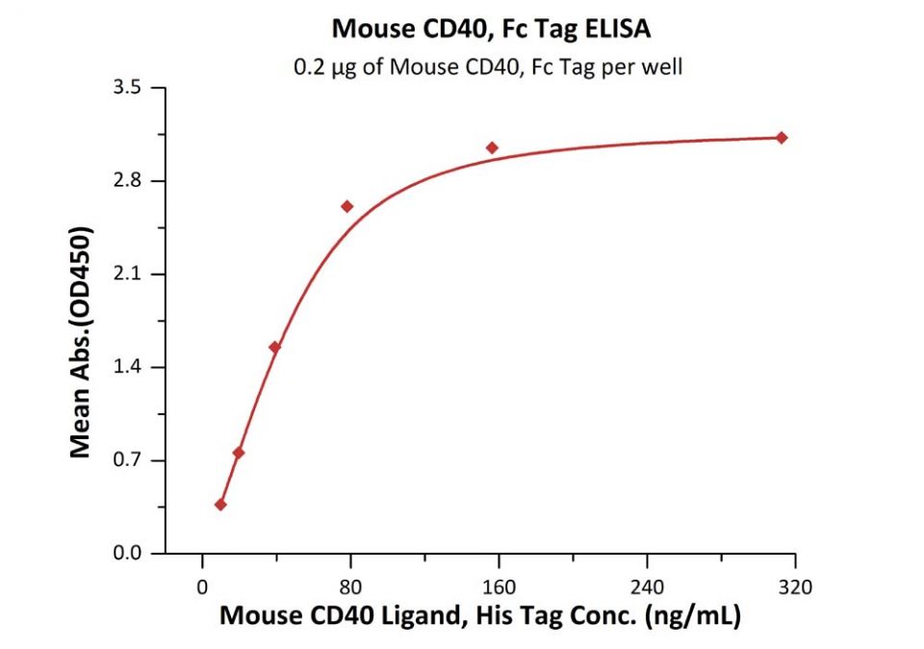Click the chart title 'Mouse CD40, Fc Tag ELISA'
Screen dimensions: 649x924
(x=491, y=30)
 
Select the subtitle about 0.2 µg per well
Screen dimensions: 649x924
(x=488, y=67)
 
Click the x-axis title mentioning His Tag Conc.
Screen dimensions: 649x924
(x=480, y=616)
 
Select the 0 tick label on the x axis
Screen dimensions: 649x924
(x=202, y=585)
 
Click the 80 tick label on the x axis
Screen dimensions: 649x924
(x=350, y=585)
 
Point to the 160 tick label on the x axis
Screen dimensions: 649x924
(x=499, y=585)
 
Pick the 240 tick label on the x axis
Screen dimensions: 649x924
(x=647, y=585)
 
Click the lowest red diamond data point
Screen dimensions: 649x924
(x=220, y=505)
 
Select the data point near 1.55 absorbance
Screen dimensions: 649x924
(x=275, y=348)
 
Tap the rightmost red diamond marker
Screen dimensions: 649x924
(x=782, y=138)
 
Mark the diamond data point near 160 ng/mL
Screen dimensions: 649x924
(x=492, y=148)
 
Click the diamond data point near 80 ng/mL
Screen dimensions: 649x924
(x=347, y=206)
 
